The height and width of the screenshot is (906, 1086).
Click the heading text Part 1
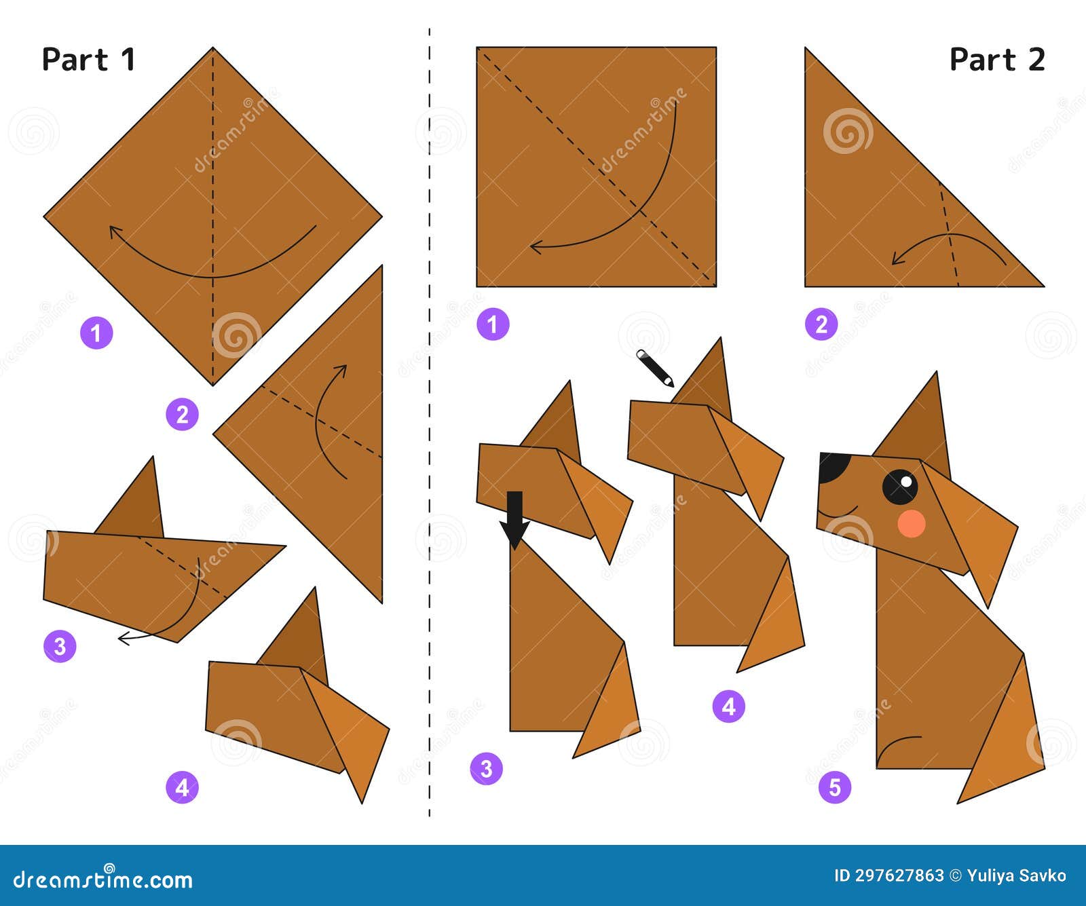(x=88, y=60)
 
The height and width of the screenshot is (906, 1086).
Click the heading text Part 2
(x=996, y=60)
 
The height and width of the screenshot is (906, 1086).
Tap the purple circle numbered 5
(x=834, y=787)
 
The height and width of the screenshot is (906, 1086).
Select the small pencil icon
(x=654, y=368)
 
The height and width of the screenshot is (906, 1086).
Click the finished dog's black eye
(x=900, y=486)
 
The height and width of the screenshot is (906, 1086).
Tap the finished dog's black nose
(x=832, y=468)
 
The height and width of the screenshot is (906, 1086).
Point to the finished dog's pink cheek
(x=911, y=523)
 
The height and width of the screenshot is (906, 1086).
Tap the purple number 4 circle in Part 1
(x=182, y=787)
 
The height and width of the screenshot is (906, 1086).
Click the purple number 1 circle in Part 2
(x=492, y=324)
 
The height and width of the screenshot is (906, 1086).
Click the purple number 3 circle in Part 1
(x=60, y=645)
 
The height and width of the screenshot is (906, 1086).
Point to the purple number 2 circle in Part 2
(x=821, y=324)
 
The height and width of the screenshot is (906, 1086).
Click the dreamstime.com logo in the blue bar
(x=103, y=880)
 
